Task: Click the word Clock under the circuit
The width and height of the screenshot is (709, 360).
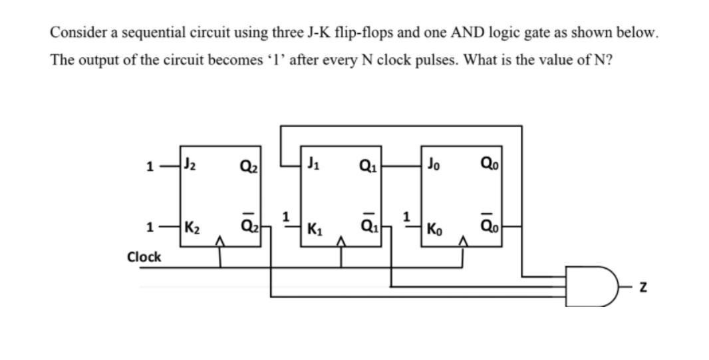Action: click(x=144, y=256)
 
